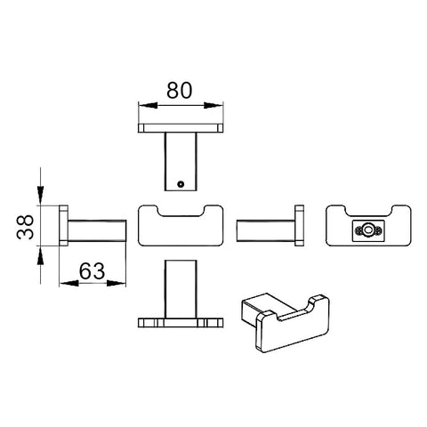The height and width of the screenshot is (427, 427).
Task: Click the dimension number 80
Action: click(x=180, y=90)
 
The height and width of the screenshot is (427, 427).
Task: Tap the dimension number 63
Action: click(x=92, y=271)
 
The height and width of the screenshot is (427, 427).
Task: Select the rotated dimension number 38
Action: click(x=25, y=227)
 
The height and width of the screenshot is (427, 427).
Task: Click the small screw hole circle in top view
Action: click(x=181, y=184)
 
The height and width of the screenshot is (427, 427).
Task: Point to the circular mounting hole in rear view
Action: click(x=369, y=230)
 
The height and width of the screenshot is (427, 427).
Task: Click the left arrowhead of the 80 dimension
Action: click(x=148, y=105)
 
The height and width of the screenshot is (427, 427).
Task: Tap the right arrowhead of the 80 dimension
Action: click(x=213, y=105)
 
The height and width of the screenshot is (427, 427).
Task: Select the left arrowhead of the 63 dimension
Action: click(x=68, y=283)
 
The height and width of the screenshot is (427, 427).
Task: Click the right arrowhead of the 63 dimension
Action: click(x=117, y=283)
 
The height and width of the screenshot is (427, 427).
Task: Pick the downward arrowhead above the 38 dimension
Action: click(x=41, y=195)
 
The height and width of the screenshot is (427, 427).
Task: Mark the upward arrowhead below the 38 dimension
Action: click(x=41, y=255)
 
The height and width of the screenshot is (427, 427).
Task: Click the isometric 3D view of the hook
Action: click(x=286, y=323)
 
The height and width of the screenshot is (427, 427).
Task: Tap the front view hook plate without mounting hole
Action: click(x=181, y=225)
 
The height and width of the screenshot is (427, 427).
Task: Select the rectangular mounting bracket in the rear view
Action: click(x=369, y=230)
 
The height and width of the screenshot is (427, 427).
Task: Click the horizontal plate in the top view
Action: click(x=181, y=128)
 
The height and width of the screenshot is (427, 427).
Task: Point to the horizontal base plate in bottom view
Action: click(x=181, y=323)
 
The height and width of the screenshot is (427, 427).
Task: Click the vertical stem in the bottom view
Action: click(x=181, y=289)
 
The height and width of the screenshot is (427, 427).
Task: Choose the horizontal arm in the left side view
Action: click(x=97, y=230)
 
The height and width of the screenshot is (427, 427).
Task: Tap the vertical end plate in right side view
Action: click(x=299, y=225)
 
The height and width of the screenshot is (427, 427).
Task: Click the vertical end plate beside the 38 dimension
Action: click(x=64, y=225)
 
